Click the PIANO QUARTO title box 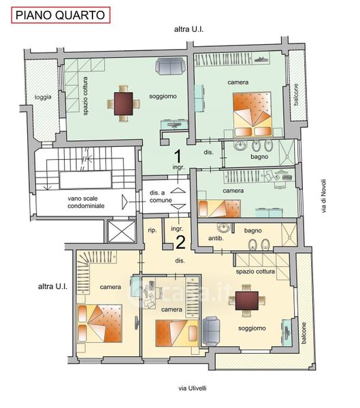click(61, 16)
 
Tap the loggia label click(43, 97)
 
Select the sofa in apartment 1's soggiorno click(170, 66)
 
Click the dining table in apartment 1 click(123, 103)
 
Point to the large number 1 click(178, 156)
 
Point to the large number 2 click(180, 242)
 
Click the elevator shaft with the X click(122, 231)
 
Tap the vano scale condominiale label click(86, 202)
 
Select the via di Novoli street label click(323, 196)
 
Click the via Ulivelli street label click(193, 388)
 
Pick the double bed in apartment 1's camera click(252, 114)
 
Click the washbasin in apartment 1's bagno click(240, 146)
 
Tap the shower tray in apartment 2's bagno click(289, 235)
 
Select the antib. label click(216, 238)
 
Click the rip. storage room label click(152, 231)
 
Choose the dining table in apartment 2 click(246, 301)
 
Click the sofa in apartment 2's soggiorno click(211, 331)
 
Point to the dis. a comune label click(161, 197)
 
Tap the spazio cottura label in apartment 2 click(255, 271)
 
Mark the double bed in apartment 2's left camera click(100, 324)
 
